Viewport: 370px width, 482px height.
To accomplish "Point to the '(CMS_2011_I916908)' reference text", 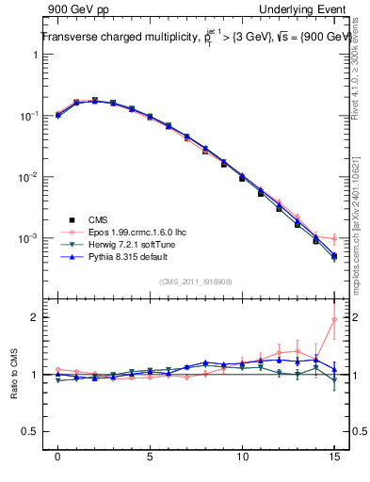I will [x=199, y=281].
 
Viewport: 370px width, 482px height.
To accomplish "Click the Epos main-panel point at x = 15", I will [x=334, y=239].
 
